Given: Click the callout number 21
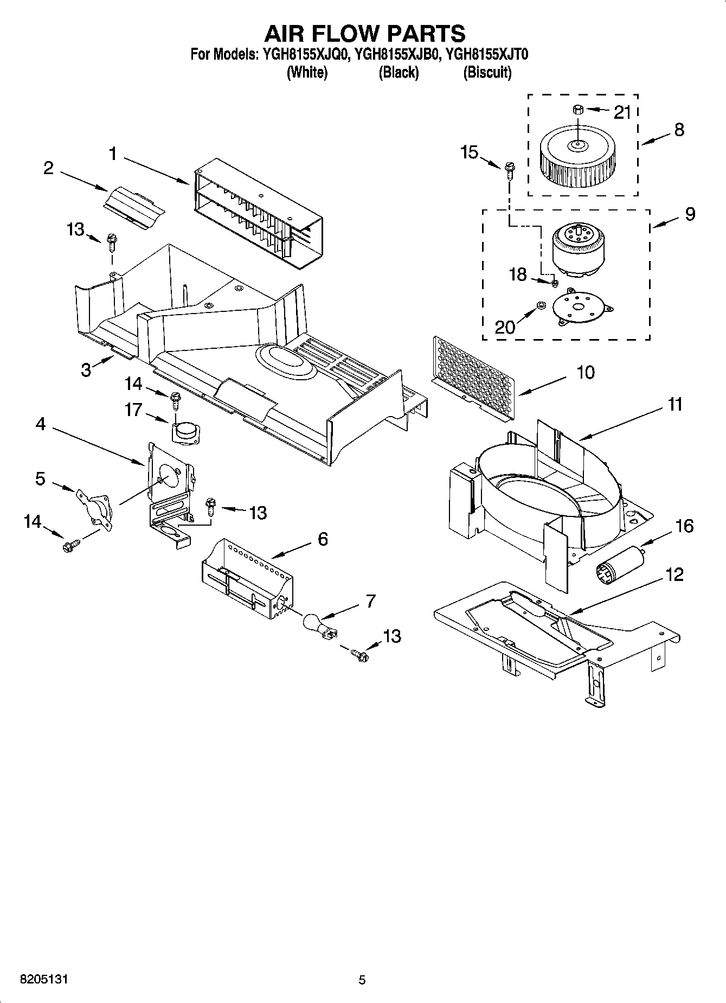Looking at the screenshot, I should (x=622, y=112).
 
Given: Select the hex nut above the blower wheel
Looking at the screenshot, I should (x=577, y=110).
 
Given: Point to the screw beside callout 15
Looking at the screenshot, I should (x=509, y=170).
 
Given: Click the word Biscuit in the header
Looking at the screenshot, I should (x=487, y=72).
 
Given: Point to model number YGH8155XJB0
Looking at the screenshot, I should (x=395, y=54).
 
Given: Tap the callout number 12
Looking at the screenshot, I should (x=674, y=574).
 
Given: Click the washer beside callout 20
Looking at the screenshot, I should (x=541, y=306).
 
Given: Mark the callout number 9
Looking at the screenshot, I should (x=690, y=214).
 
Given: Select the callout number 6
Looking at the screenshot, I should (x=323, y=539).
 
